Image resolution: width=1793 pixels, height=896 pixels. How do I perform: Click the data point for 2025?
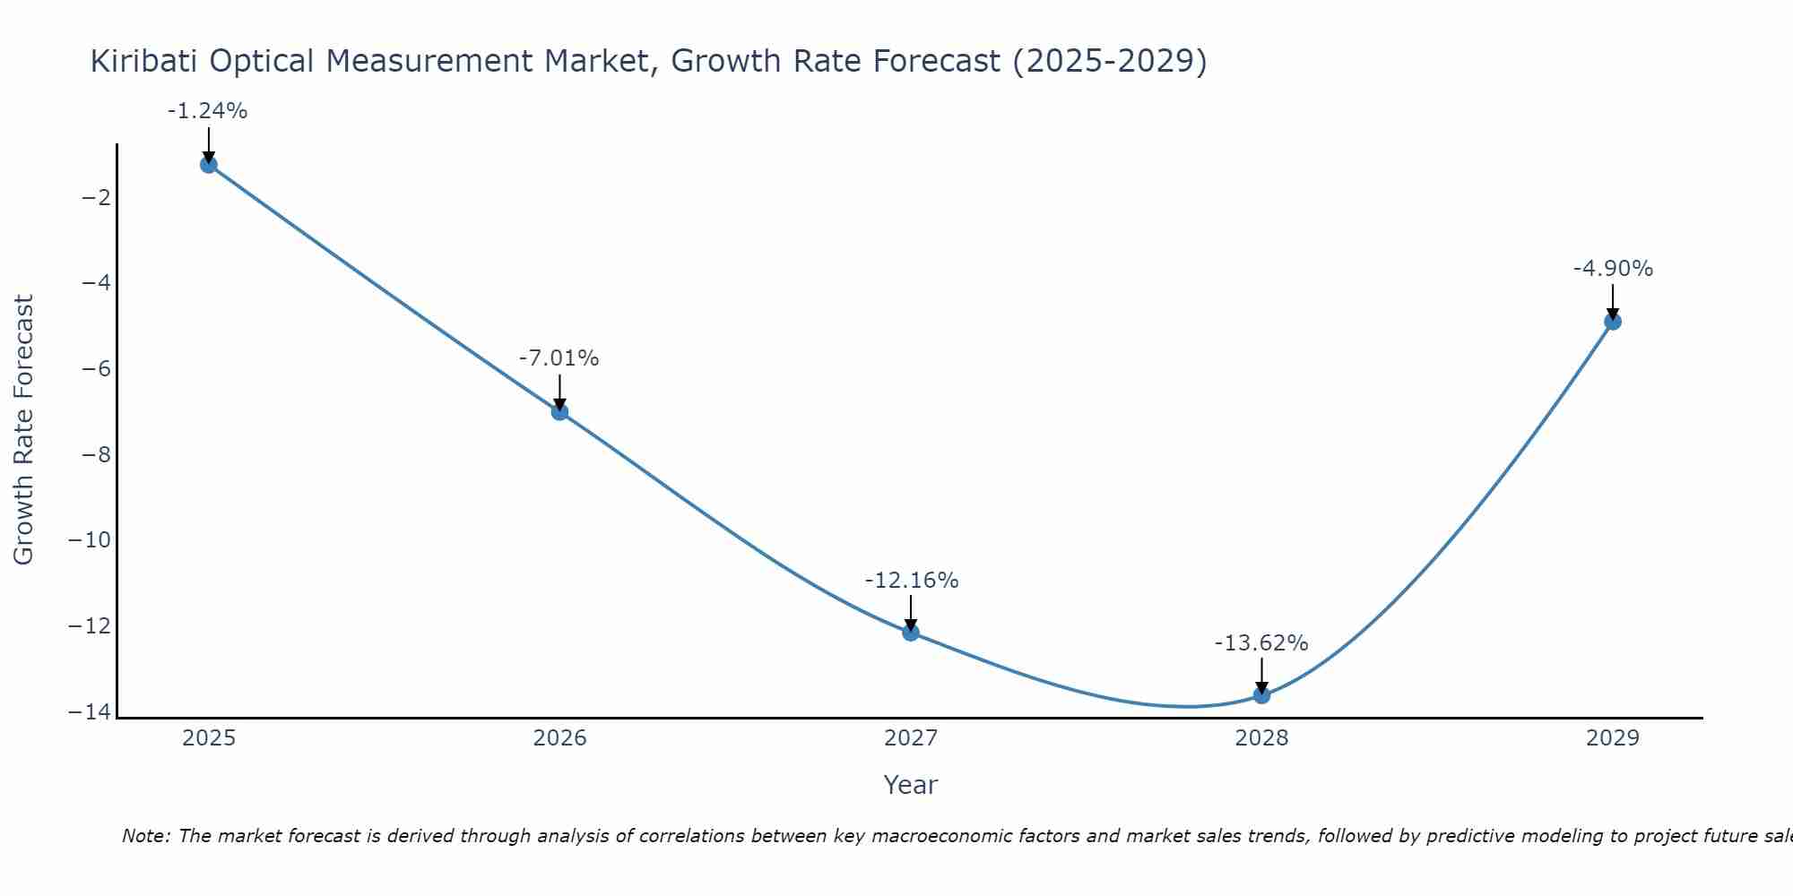209,165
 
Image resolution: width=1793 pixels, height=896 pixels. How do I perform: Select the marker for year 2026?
559,412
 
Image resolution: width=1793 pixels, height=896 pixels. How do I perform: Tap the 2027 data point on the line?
911,633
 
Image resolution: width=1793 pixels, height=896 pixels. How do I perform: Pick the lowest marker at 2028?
1261,695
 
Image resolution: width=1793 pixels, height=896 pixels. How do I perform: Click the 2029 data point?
1613,322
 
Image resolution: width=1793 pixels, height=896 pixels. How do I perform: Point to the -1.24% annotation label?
207,111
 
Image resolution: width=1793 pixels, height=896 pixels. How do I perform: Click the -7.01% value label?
559,358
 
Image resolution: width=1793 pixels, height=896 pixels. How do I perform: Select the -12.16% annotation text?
911,581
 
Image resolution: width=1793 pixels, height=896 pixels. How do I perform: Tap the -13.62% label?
1261,643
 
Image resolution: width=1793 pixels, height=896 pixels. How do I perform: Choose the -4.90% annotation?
1613,269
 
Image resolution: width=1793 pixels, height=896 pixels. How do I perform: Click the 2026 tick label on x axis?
559,738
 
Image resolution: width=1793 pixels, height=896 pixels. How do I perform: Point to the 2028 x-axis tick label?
1261,738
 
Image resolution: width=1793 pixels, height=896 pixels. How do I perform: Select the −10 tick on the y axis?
90,540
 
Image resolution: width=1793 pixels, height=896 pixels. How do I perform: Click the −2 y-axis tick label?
96,197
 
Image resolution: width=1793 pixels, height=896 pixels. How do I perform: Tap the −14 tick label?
90,712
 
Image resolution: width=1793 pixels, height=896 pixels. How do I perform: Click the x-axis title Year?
910,785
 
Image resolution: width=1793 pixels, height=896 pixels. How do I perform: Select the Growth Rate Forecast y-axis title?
23,430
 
